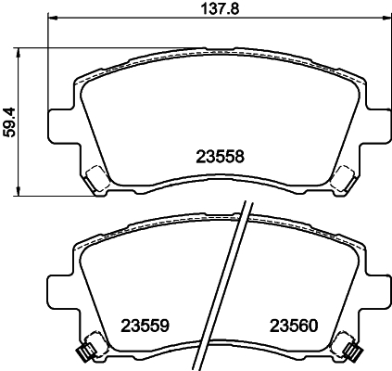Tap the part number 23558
click(220, 157)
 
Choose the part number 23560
click(294, 326)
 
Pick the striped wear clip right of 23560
click(351, 351)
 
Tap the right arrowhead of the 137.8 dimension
click(385, 19)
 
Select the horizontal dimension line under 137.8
click(139, 19)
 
